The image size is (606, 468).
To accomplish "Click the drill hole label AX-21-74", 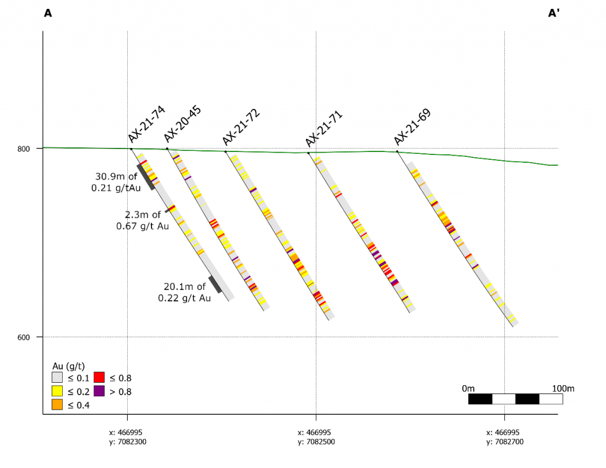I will [x=147, y=124].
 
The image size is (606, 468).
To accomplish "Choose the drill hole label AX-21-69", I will [x=412, y=127].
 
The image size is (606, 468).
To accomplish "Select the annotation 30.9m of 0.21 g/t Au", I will [x=117, y=182].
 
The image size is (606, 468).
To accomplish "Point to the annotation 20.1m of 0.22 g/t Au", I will [x=184, y=292].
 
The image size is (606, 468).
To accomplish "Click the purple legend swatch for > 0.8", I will [x=99, y=391].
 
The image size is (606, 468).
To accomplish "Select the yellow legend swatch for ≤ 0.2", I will [x=57, y=391].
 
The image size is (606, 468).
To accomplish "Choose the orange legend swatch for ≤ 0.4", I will [x=57, y=405].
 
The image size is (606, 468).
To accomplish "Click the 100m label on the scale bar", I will [x=563, y=388].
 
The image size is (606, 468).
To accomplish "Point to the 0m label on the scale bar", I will [x=468, y=388].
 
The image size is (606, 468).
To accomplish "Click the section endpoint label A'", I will [x=554, y=13].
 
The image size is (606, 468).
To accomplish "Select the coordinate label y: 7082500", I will [x=316, y=441].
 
